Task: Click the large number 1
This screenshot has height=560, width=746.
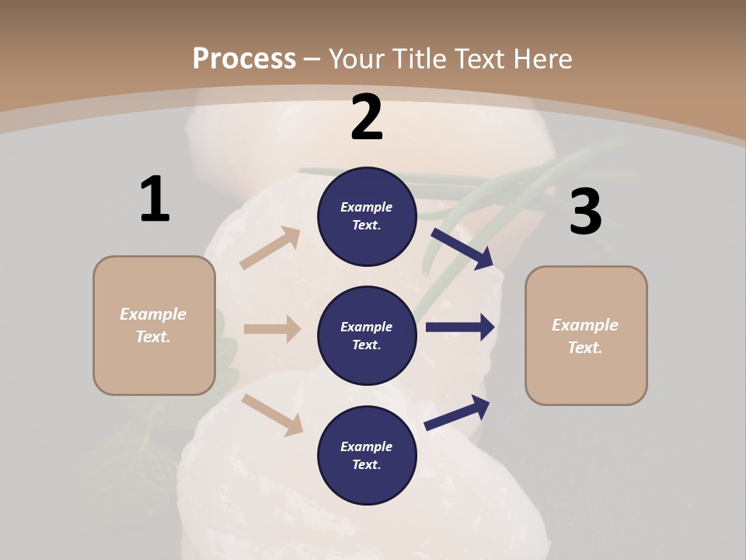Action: pyautogui.click(x=155, y=199)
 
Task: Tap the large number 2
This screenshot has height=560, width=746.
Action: pyautogui.click(x=367, y=117)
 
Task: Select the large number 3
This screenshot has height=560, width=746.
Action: pyautogui.click(x=585, y=212)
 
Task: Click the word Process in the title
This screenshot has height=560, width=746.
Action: pyautogui.click(x=244, y=58)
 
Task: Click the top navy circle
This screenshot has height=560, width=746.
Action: pyautogui.click(x=367, y=216)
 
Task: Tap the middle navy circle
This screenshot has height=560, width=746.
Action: pyautogui.click(x=367, y=335)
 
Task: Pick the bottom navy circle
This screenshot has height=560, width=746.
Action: pyautogui.click(x=367, y=455)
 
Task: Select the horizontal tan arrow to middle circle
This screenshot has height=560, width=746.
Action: pyautogui.click(x=272, y=329)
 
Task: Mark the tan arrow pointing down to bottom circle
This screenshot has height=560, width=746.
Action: pyautogui.click(x=273, y=415)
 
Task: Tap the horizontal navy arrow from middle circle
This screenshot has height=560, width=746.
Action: pyautogui.click(x=460, y=327)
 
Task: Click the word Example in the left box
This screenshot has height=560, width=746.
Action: pyautogui.click(x=153, y=314)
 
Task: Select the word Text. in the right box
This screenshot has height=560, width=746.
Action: pyautogui.click(x=585, y=348)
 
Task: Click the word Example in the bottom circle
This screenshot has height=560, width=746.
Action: pyautogui.click(x=367, y=446)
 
